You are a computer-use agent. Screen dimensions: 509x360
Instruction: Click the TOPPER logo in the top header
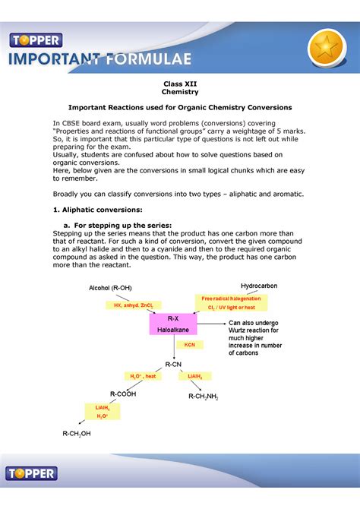point(35,40)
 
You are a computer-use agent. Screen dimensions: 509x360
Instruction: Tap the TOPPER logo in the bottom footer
point(32,473)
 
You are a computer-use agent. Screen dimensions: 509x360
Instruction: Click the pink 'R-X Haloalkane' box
point(172,324)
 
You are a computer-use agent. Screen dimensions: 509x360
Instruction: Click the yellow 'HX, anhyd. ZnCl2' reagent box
point(134,305)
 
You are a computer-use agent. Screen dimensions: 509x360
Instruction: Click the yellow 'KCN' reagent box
point(189,344)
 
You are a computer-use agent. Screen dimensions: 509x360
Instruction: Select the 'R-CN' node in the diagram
point(175,365)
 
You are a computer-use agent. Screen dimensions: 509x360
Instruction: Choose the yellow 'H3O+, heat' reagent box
point(142,376)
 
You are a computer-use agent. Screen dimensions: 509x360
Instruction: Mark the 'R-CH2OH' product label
point(77,434)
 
